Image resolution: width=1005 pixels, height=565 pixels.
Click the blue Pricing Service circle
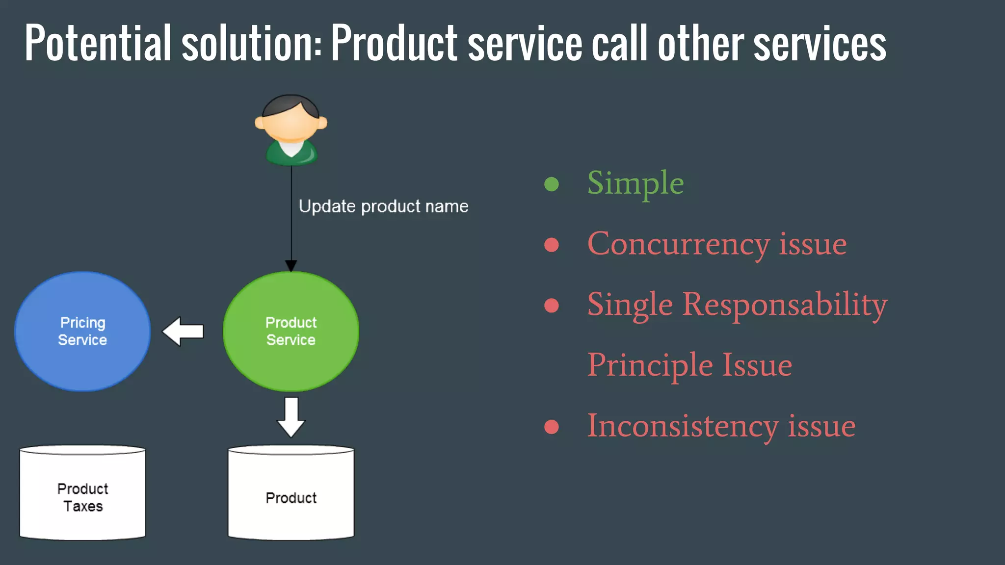[x=82, y=332]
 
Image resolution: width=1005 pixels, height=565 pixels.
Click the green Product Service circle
[x=291, y=332]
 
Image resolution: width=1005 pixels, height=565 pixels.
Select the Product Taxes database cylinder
[x=82, y=493]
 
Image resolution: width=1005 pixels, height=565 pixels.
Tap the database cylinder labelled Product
[x=291, y=493]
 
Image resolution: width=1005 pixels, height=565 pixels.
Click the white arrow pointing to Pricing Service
[x=183, y=332]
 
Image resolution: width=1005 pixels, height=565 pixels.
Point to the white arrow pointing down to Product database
[x=291, y=417]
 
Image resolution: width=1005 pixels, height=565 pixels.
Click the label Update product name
[x=383, y=206]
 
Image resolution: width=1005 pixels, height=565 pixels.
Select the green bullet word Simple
[x=635, y=183]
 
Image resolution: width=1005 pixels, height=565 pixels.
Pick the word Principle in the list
[x=650, y=365]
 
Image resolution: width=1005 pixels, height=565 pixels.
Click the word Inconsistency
[x=683, y=426]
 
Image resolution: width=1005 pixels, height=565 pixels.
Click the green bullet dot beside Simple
[x=552, y=184]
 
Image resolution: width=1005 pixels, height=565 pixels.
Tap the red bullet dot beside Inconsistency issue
[x=552, y=427]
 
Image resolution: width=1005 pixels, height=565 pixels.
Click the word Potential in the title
[x=98, y=43]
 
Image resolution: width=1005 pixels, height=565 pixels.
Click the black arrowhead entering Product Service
[x=291, y=266]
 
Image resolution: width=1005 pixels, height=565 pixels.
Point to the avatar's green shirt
[x=291, y=154]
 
